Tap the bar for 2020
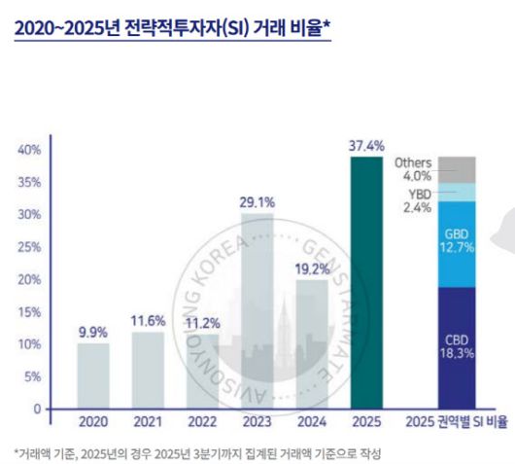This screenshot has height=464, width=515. pos(93,375)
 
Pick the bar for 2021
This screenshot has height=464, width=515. pos(149,370)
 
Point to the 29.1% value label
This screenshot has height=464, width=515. pos(257,202)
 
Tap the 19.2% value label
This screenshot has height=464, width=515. pos(312,267)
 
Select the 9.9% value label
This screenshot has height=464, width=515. pos(93,331)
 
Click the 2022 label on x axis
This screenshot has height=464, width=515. pos(203,422)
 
